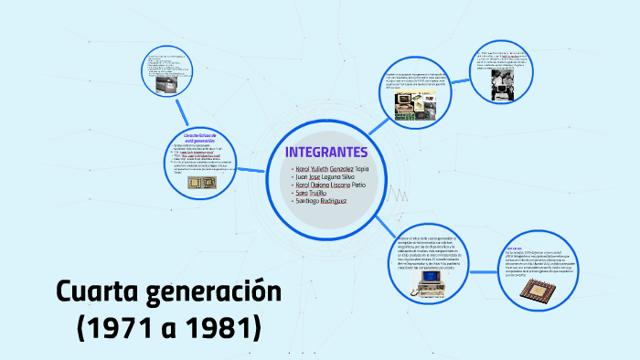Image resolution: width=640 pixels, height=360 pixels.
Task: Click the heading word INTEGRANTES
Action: click(325, 152)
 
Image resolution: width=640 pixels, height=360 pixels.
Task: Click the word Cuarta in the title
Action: click(94, 293)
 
